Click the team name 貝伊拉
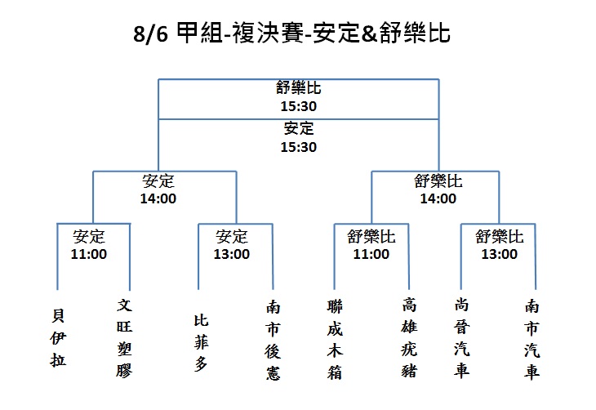click(x=58, y=338)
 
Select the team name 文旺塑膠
click(x=124, y=338)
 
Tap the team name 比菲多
click(x=201, y=343)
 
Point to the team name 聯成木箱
click(x=335, y=340)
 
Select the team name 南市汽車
click(x=532, y=340)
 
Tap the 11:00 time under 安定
click(x=89, y=254)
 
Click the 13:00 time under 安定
click(x=232, y=254)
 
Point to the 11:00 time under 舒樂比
click(x=371, y=254)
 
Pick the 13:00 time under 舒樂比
click(x=500, y=254)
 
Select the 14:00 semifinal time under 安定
click(x=158, y=198)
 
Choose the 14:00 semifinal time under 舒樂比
click(x=438, y=198)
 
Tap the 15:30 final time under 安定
click(x=298, y=147)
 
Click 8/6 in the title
click(x=150, y=33)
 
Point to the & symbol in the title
click(x=369, y=33)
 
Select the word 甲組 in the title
click(x=200, y=33)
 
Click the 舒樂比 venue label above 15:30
click(x=298, y=88)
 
